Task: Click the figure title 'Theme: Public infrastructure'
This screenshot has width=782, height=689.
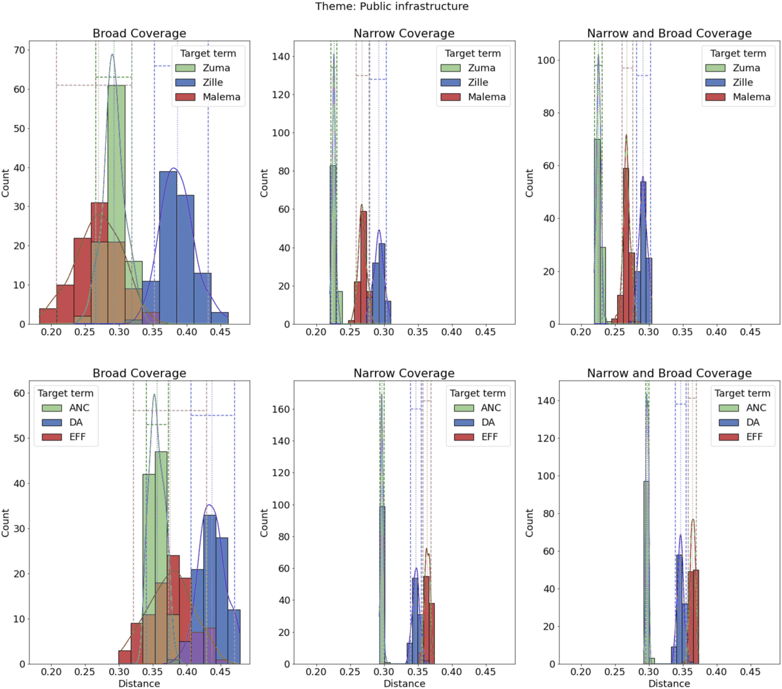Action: [x=392, y=7]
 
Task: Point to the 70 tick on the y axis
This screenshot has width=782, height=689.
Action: [x=19, y=50]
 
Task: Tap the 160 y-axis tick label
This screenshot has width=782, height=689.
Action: [x=281, y=409]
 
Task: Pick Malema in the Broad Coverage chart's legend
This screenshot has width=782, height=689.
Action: [x=208, y=97]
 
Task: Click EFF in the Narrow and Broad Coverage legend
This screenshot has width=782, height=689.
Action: [x=740, y=437]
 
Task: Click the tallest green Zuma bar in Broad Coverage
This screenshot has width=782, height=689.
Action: [x=116, y=205]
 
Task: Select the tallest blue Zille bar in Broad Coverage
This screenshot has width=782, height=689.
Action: [x=168, y=248]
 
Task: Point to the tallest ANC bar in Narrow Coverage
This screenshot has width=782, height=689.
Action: [x=382, y=585]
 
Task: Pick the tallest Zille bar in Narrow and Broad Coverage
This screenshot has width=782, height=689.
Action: [x=643, y=253]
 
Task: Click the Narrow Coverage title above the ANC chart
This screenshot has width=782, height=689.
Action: [x=404, y=373]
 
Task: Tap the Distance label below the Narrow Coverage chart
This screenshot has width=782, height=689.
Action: [x=404, y=683]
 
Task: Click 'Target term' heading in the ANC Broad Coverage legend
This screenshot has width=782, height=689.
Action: [x=66, y=393]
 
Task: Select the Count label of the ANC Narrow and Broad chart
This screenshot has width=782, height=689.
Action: [x=529, y=523]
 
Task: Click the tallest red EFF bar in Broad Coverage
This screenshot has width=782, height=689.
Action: [x=174, y=610]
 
